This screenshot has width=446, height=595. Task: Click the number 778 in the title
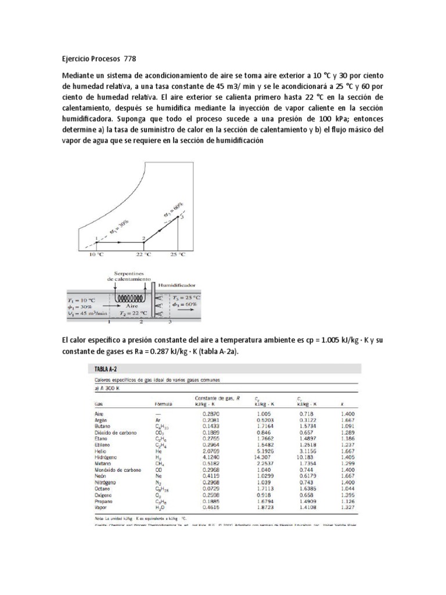[x=129, y=59]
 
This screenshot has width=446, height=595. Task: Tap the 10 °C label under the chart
[x=96, y=254]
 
